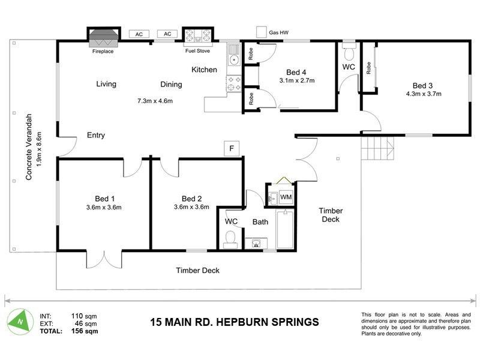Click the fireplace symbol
(x=103, y=37)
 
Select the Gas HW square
(x=261, y=31)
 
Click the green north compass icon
(x=22, y=320)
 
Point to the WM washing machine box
(x=286, y=197)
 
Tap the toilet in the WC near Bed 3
(x=349, y=50)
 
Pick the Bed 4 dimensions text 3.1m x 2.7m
(x=297, y=80)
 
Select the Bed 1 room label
(x=104, y=199)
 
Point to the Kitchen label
(x=204, y=70)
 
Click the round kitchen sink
(x=233, y=60)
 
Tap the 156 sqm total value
(x=83, y=330)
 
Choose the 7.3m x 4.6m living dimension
(x=155, y=100)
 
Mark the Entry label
(x=96, y=135)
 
